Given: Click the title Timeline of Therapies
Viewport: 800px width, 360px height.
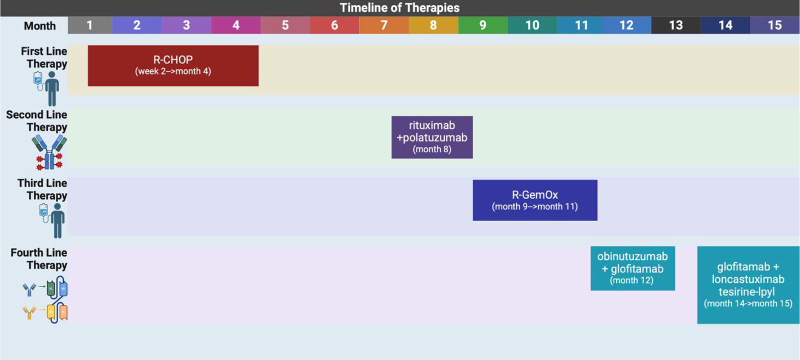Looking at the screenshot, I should pos(400,8).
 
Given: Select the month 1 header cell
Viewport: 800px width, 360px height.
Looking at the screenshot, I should pos(90,25).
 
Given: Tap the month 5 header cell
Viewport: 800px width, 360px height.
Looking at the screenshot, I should pos(285,25).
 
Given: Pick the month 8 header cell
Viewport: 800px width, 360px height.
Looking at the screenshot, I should pos(433,25).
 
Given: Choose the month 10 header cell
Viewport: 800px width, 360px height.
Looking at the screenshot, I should pos(532,25).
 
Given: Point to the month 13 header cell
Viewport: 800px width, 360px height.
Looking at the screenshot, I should pos(676,25).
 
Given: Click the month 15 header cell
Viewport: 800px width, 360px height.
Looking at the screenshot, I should pos(775,25).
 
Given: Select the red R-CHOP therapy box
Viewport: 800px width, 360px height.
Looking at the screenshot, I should pos(173,65).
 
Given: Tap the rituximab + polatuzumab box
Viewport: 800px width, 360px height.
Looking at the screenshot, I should pos(432,137).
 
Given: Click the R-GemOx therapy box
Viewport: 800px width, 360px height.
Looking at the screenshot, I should pos(535,200).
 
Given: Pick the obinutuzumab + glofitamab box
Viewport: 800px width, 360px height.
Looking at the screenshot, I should pos(633,268).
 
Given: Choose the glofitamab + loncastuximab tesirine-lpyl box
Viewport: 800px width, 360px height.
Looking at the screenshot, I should pos(748,285).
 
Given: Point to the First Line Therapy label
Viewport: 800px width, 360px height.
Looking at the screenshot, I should pos(44,57).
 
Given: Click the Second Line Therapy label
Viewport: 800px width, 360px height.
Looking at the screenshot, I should pos(37,121).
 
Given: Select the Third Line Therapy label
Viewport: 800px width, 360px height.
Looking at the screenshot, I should pos(42,189).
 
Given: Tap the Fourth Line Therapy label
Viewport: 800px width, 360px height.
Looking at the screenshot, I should pos(39,259).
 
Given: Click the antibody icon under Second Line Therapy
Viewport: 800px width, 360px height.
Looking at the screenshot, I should pos(49,153).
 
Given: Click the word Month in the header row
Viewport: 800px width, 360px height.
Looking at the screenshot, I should pos(40,26).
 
